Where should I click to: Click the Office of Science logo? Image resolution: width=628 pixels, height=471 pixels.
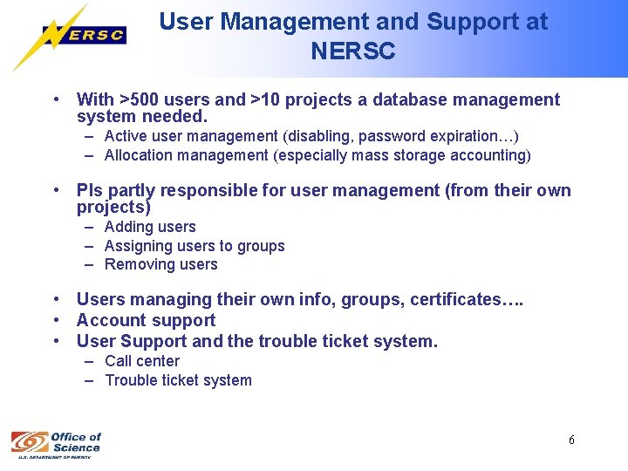pos(56,442)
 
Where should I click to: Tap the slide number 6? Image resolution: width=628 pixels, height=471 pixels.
pos(571,440)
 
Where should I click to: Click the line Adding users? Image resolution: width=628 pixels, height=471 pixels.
pos(150,227)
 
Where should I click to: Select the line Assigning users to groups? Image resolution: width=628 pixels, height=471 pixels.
pos(195,246)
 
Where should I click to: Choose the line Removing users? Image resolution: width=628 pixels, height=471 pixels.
pos(161,264)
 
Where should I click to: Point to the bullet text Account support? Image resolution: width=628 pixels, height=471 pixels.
pos(146,321)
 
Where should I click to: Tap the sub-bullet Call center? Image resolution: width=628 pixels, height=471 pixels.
pos(142,361)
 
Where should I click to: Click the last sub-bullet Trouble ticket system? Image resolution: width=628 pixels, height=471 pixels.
pos(178,380)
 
